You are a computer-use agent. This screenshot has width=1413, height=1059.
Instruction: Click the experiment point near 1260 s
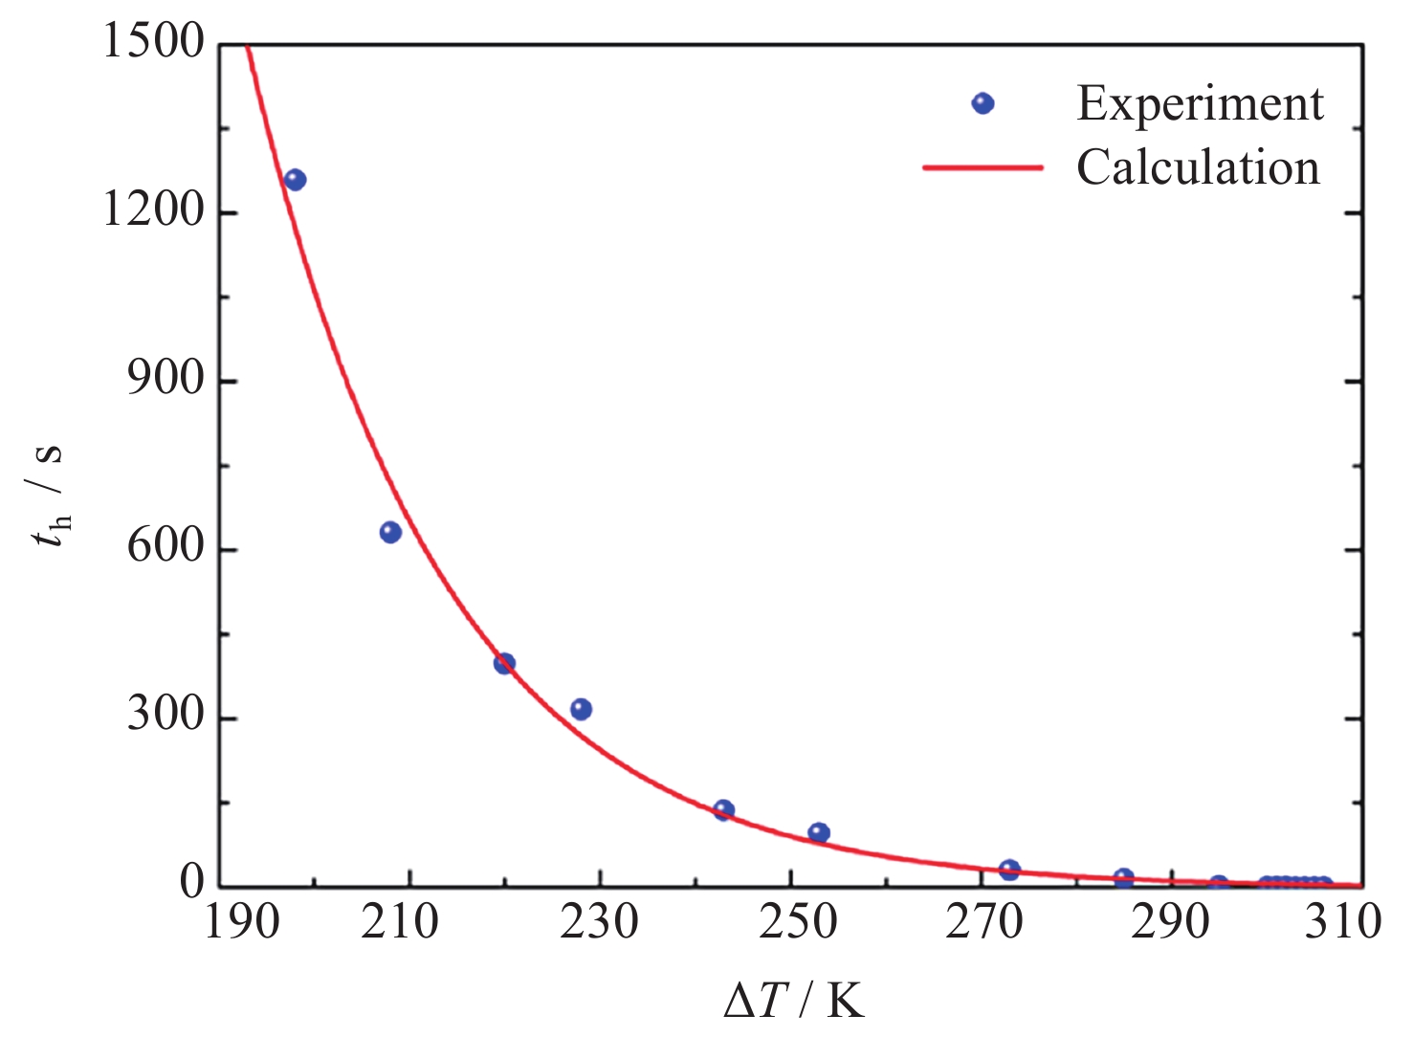(x=295, y=180)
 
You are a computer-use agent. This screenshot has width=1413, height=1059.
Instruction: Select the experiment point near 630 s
(x=390, y=532)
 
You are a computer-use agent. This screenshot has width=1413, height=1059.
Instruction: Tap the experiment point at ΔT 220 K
(x=504, y=663)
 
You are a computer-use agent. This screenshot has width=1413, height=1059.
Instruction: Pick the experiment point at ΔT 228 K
(x=581, y=709)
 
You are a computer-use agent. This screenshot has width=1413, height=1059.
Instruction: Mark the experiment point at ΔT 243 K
(x=723, y=810)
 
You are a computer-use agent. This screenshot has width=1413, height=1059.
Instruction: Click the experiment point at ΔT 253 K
(x=819, y=832)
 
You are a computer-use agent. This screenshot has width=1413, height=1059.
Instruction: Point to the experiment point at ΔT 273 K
(x=1009, y=870)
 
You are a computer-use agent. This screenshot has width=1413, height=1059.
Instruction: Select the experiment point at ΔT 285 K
(x=1124, y=878)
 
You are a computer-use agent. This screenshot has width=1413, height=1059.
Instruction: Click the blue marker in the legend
(x=982, y=103)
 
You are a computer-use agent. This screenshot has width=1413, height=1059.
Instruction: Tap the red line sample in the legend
(x=982, y=167)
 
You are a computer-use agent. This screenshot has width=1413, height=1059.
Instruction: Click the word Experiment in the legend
(x=1200, y=103)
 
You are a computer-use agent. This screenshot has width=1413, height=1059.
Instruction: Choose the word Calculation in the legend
(x=1198, y=167)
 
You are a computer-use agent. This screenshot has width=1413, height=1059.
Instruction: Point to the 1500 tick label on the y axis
(x=153, y=42)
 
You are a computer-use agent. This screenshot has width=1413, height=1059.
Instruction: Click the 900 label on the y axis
(x=166, y=380)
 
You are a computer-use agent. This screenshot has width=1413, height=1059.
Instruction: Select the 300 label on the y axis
(x=166, y=716)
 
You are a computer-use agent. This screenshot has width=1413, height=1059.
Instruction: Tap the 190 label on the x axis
(x=241, y=922)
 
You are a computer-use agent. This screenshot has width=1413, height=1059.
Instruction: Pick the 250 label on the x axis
(x=798, y=922)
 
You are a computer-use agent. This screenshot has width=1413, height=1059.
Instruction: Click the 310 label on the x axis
(x=1343, y=922)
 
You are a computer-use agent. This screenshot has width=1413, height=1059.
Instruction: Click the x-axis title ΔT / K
(x=794, y=1002)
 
